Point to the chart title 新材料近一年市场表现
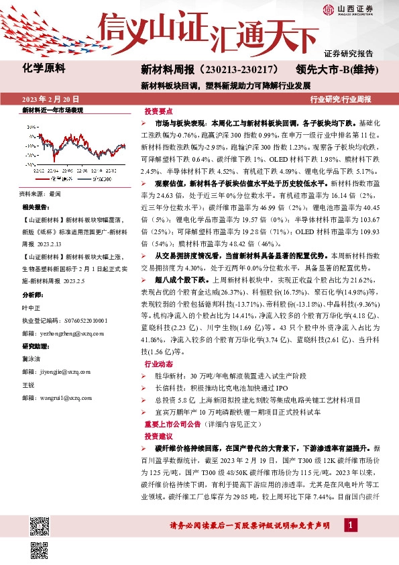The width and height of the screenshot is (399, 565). click(x=52, y=109)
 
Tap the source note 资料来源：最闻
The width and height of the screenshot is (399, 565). click(x=40, y=193)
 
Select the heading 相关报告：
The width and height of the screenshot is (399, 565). click(x=36, y=207)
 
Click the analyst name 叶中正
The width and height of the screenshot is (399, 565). click(x=32, y=308)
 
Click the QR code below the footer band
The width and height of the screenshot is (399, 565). click(x=39, y=550)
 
